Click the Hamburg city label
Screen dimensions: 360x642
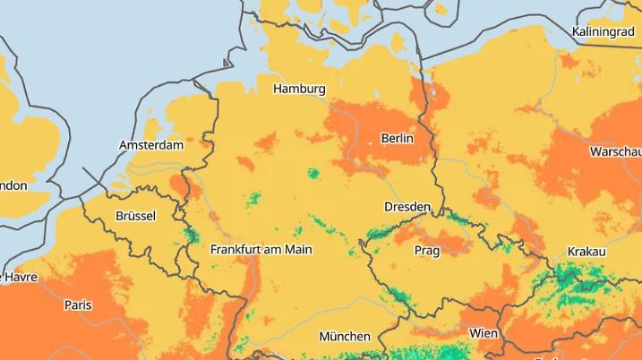[x=299, y=89]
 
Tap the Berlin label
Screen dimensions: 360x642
[x=397, y=138]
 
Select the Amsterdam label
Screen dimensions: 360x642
[x=151, y=144]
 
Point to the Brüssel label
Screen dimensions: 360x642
[x=135, y=216]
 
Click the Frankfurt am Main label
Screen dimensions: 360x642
[x=261, y=249]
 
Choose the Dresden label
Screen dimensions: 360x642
[x=407, y=207]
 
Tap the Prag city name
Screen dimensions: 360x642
[x=427, y=251]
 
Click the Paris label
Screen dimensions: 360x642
[x=78, y=304]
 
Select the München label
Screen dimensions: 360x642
[x=345, y=337]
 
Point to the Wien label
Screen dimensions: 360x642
[x=484, y=333]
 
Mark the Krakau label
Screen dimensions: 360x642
[x=586, y=252]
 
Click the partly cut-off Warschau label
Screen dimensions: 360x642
[x=615, y=152]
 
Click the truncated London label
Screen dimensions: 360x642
[x=13, y=185]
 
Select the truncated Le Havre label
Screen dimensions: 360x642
[x=19, y=277]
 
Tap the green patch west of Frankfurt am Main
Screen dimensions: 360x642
[x=190, y=235]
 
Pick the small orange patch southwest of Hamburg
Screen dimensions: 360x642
[x=267, y=141]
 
